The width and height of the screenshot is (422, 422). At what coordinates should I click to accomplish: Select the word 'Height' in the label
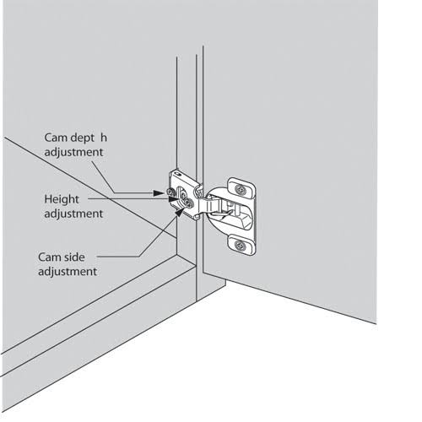(x=62, y=199)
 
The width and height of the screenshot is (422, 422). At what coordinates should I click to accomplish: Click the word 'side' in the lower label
(x=74, y=257)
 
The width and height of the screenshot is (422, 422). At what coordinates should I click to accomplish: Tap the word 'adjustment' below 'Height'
(x=73, y=214)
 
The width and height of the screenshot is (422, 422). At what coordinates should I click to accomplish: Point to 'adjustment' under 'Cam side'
(x=68, y=272)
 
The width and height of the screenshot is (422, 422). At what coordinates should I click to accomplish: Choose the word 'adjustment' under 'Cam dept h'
(x=73, y=152)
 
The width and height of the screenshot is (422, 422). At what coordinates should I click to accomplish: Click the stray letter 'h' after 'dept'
(x=104, y=138)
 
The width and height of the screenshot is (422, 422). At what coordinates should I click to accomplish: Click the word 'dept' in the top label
(x=83, y=138)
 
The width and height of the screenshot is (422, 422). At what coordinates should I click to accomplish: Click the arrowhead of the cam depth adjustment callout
(x=159, y=193)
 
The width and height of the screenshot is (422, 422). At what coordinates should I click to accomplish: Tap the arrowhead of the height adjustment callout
(x=174, y=199)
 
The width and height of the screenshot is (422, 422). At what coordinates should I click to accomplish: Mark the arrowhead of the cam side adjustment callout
(x=179, y=212)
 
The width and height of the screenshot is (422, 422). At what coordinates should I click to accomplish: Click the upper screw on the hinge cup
(x=240, y=190)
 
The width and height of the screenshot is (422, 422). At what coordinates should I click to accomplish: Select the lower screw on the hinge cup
(x=240, y=246)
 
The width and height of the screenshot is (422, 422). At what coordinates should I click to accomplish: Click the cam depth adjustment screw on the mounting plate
(x=170, y=192)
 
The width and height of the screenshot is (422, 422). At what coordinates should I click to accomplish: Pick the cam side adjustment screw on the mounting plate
(x=189, y=203)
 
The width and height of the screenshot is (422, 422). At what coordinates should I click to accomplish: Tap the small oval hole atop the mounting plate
(x=177, y=174)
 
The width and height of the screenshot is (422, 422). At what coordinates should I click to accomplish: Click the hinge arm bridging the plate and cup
(x=207, y=203)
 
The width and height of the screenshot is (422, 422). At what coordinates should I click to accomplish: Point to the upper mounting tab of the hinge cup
(x=241, y=187)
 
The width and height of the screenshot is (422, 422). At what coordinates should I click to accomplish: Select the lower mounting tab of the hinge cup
(x=241, y=246)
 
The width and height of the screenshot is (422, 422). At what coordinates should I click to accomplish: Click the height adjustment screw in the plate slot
(x=183, y=196)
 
